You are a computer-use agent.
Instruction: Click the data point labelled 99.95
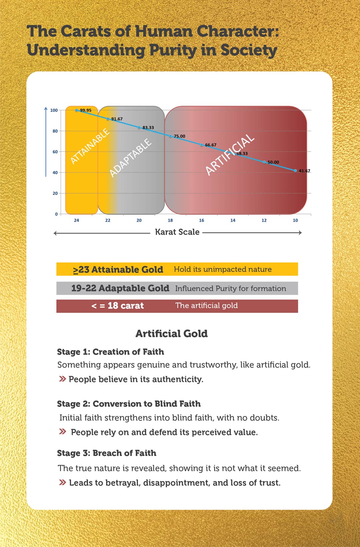pyautogui.click(x=76, y=110)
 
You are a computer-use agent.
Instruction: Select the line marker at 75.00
pyautogui.click(x=170, y=136)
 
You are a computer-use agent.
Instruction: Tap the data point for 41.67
pyautogui.click(x=295, y=171)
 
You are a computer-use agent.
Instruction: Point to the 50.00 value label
pyautogui.click(x=273, y=162)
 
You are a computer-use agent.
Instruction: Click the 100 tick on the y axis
pyautogui.click(x=54, y=110)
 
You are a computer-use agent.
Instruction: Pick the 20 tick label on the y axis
pyautogui.click(x=55, y=193)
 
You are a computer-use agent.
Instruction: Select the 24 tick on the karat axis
pyautogui.click(x=76, y=220)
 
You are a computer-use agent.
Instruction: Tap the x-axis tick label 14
pyautogui.click(x=233, y=220)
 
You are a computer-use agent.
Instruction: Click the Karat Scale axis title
pyautogui.click(x=177, y=232)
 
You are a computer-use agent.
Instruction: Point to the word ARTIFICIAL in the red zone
pyautogui.click(x=230, y=154)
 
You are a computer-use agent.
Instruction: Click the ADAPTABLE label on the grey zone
pyautogui.click(x=130, y=158)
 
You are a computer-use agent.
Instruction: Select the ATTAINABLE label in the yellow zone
pyautogui.click(x=90, y=146)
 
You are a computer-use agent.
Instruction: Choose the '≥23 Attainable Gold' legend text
pyautogui.click(x=118, y=269)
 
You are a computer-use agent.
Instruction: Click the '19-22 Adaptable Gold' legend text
pyautogui.click(x=120, y=288)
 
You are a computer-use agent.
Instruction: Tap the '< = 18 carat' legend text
pyautogui.click(x=118, y=306)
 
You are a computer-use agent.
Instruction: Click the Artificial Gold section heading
pyautogui.click(x=171, y=333)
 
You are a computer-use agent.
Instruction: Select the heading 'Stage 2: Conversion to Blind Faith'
pyautogui.click(x=129, y=403)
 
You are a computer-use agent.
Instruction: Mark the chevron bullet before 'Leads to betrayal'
pyautogui.click(x=62, y=482)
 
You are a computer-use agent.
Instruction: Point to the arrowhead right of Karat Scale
pyautogui.click(x=300, y=233)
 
